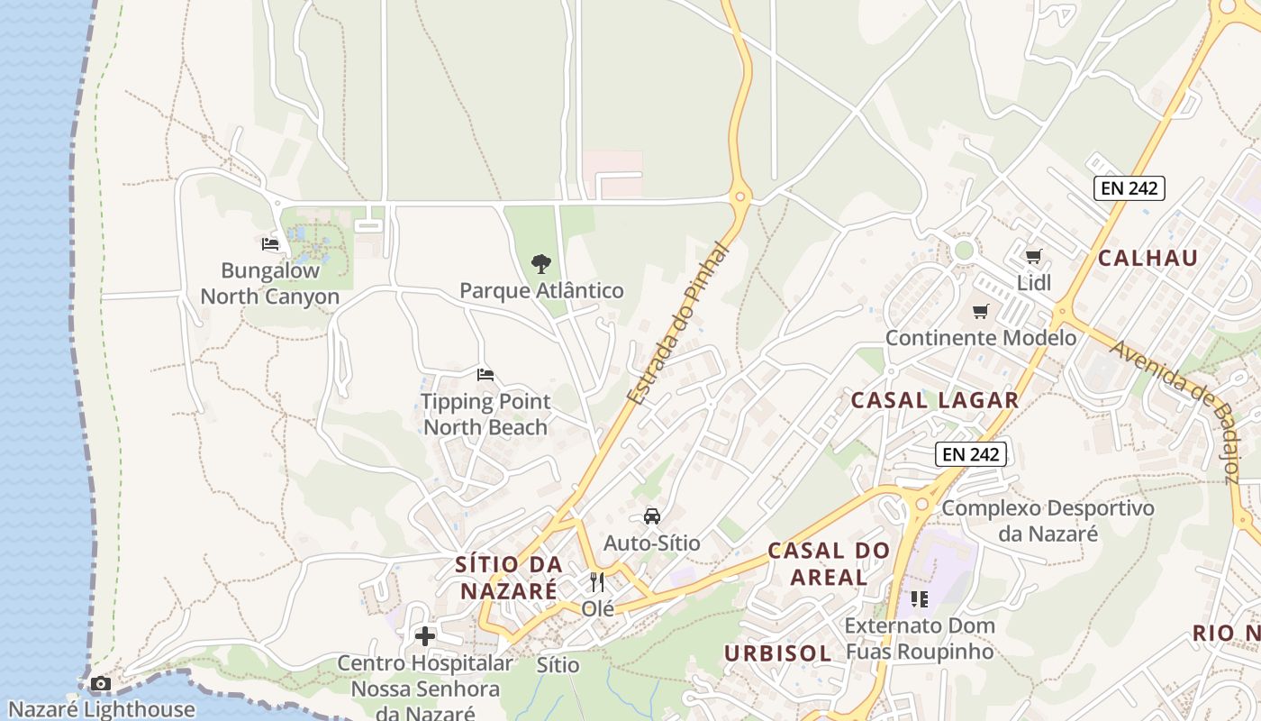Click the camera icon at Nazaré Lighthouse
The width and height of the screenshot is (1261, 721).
[x=101, y=684]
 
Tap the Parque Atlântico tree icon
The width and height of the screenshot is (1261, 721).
[x=541, y=264]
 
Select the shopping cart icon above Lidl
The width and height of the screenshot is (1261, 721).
[x=1034, y=257]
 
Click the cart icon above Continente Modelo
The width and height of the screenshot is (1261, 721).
[x=981, y=312]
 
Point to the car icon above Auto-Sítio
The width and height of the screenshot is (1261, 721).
[x=651, y=516]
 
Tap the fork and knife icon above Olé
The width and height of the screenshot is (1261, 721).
[x=597, y=582]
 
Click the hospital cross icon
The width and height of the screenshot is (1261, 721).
[x=425, y=636]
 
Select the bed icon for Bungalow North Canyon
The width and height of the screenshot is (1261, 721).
[x=270, y=243]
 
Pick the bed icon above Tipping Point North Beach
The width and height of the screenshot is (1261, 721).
[x=485, y=374]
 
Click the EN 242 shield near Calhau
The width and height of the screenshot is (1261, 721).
[x=1129, y=188]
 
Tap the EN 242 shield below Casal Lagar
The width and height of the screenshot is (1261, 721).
[x=970, y=454]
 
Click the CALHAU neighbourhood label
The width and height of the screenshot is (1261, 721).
[x=1148, y=259]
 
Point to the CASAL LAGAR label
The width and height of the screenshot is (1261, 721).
[x=935, y=401]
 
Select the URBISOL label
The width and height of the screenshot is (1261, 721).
[x=778, y=653]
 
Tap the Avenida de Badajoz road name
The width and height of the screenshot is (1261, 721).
[x=1175, y=410]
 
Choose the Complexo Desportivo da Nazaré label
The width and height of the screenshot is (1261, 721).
[x=1048, y=521]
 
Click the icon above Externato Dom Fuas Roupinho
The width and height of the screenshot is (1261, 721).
[x=919, y=599]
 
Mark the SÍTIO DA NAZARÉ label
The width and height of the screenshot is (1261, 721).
[x=509, y=578]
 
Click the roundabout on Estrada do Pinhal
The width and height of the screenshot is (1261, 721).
[x=740, y=196]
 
